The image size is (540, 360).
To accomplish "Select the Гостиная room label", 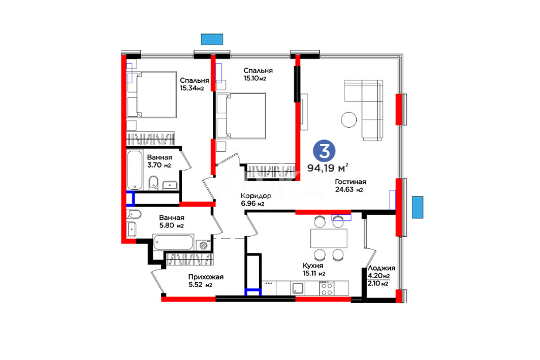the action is coord(350,182).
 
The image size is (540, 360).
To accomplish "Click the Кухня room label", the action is coord(313,266).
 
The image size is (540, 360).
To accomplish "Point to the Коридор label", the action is coord(256,196).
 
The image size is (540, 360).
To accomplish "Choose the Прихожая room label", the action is coord(206,277).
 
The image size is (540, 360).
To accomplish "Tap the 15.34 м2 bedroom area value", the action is coord(192,88).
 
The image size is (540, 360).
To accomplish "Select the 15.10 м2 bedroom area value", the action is coord(255,79).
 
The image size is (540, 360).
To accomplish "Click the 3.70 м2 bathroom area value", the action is coord(159,166).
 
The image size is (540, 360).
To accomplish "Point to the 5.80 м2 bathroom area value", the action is coord(171,226).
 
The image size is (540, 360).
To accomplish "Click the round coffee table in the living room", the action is coord(349,120).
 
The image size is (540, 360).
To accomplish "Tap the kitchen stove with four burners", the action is coord(326,288).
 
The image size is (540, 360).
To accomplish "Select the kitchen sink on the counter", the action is coord(298,288).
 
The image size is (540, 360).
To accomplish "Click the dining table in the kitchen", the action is coord(329,239).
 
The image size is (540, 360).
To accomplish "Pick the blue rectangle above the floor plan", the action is coord(212,39).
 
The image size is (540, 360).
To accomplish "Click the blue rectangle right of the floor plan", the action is coord(418,207).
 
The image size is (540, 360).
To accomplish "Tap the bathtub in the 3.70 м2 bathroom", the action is coord(135,170).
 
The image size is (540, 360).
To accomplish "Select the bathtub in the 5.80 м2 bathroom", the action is coord(173,242).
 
